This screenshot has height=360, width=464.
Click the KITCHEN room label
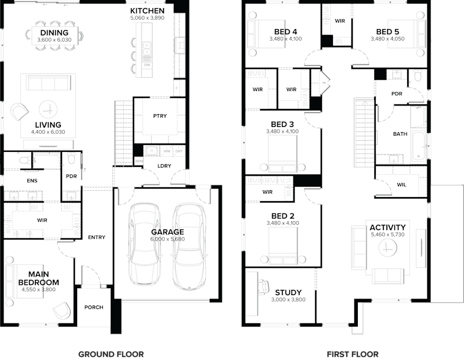pos(147,10)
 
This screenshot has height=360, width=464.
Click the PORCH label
pos(93,307)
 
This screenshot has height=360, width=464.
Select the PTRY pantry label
pos(159,116)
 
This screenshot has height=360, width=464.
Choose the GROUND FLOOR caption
pos(111,354)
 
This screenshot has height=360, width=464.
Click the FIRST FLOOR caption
pos(353,354)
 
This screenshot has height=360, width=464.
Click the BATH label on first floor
pos(400,134)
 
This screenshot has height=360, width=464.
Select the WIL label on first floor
pos(401,185)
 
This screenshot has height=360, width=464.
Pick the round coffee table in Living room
pos(49,108)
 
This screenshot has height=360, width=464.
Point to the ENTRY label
pos(96,237)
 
